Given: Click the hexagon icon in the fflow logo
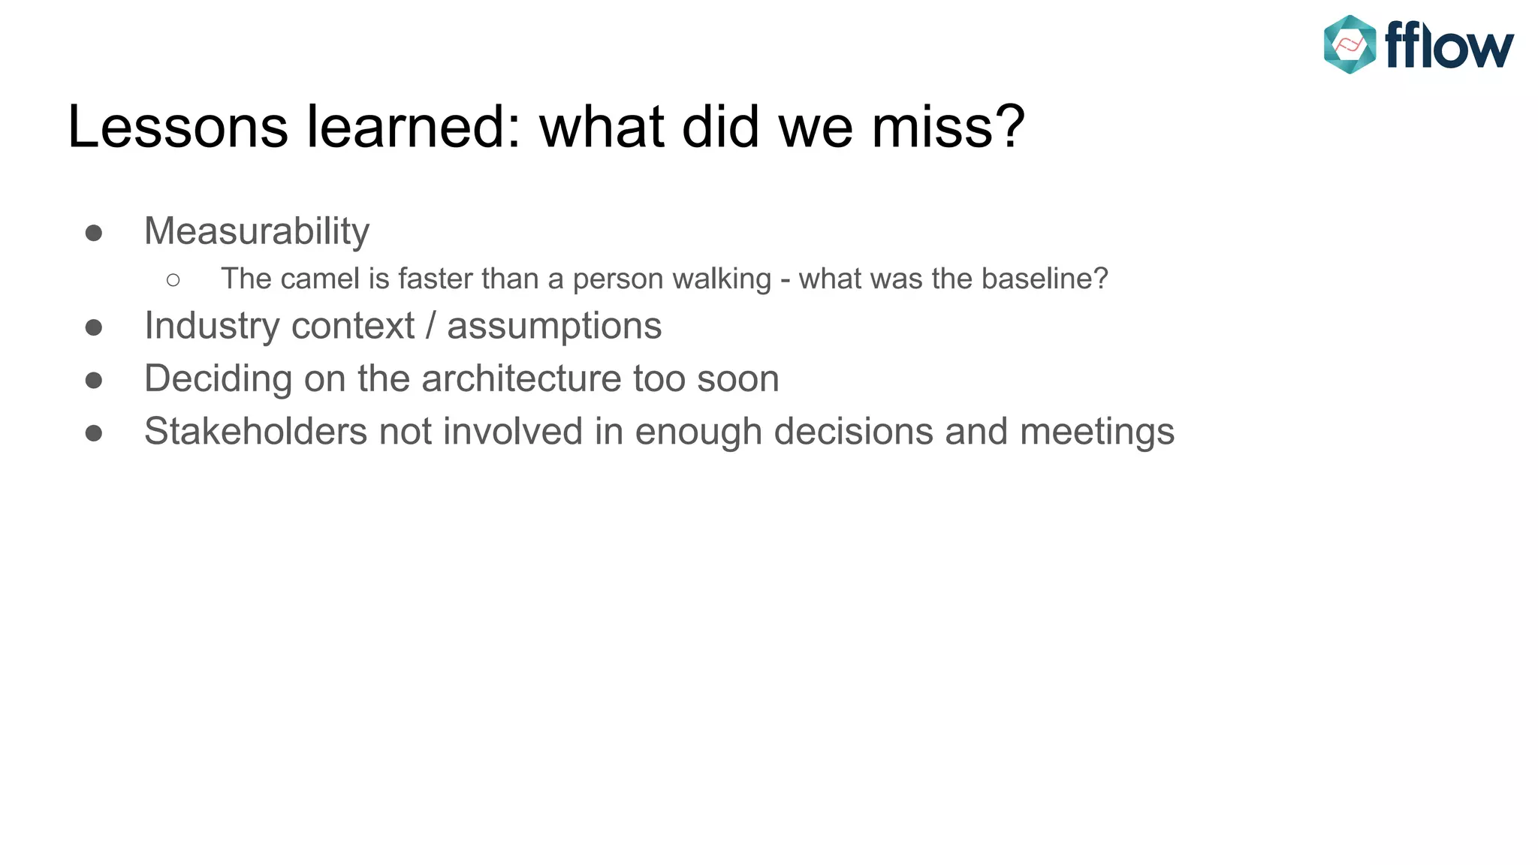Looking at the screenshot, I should [1349, 45].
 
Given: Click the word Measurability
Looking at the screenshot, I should [256, 231].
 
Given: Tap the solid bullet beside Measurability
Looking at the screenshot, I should [94, 233].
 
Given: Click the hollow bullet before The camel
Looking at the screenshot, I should [173, 280].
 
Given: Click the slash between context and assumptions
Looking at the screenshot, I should [430, 327].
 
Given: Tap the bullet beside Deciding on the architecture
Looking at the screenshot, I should [94, 380].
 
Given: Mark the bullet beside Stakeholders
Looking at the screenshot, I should [94, 433].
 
